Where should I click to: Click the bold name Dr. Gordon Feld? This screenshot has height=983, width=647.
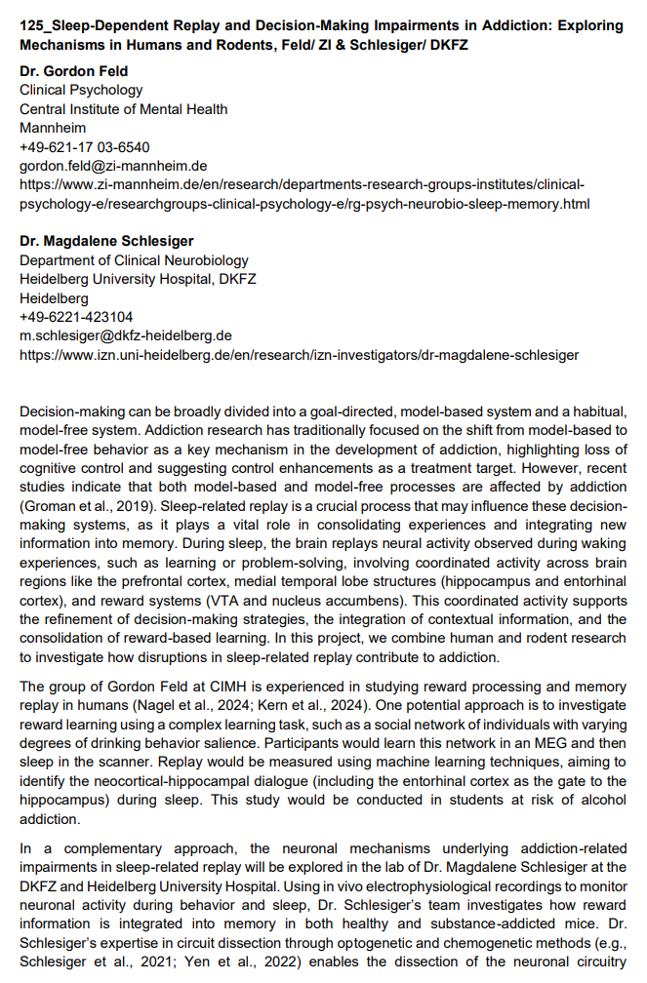point(74,71)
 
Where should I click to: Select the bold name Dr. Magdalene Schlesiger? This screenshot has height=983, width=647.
point(104,242)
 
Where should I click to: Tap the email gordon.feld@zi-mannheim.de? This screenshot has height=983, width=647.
point(113,166)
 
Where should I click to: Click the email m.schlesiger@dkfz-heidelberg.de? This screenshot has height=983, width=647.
point(126,335)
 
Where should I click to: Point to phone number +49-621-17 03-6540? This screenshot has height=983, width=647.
point(85,147)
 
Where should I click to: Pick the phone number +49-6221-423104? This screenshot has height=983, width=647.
point(76,317)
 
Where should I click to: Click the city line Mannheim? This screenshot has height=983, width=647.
point(53,128)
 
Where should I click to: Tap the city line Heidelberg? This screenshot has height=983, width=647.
point(54,298)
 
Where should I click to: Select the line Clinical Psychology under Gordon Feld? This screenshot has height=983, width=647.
point(81,90)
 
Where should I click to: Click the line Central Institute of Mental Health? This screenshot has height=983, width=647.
point(124,109)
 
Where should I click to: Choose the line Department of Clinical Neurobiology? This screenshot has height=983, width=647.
point(134,260)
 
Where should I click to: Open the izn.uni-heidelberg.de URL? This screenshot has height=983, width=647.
point(299,355)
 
